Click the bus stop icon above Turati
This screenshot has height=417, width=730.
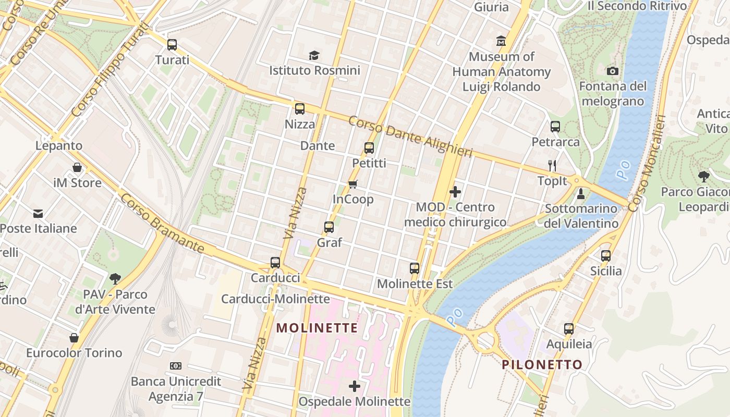(x=172, y=45)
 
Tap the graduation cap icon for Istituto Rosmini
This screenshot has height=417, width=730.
(x=314, y=55)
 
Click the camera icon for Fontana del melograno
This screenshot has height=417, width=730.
(x=613, y=71)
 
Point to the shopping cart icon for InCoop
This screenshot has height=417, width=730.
(x=353, y=184)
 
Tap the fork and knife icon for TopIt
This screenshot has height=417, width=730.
(x=552, y=166)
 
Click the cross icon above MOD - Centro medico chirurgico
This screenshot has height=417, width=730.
(x=455, y=192)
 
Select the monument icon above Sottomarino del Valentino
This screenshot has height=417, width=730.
(x=581, y=194)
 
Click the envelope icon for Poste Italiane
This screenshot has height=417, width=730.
(x=38, y=213)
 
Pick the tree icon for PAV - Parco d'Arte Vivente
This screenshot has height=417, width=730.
(x=115, y=279)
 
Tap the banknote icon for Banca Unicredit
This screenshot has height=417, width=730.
(x=176, y=366)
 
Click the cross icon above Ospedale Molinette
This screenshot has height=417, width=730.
(x=355, y=386)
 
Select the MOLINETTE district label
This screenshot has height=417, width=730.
(x=317, y=328)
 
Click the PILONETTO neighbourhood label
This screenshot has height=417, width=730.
(x=542, y=364)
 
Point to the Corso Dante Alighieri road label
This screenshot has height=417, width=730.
(x=410, y=137)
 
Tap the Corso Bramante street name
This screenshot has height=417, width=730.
(x=162, y=224)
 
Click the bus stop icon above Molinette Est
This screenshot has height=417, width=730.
(x=415, y=268)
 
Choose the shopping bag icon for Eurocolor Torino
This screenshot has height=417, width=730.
(x=74, y=338)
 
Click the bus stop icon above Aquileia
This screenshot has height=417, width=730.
(x=569, y=329)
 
